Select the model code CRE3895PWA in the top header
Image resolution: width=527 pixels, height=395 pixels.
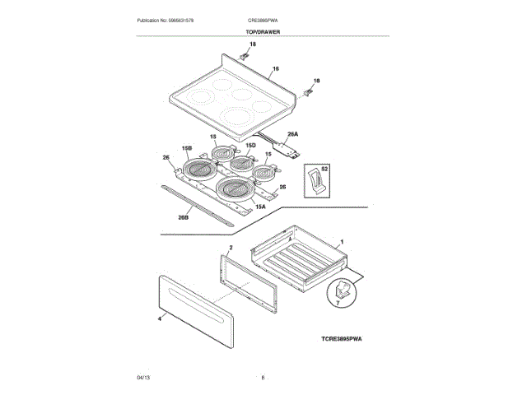pos(264,19)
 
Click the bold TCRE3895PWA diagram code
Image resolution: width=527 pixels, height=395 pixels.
pos(342,338)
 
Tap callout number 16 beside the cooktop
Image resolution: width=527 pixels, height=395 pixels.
pos(276,69)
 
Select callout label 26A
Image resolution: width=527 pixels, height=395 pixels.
pos(291,133)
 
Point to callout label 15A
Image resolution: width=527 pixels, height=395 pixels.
pos(259,207)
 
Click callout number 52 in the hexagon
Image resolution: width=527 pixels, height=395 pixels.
pos(324,169)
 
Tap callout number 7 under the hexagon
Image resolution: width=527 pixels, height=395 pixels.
pos(336,304)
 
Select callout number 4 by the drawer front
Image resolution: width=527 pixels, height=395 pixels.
pos(159,315)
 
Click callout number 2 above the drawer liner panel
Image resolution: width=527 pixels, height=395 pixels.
pos(231,247)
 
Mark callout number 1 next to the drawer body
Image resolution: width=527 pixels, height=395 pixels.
pos(342,245)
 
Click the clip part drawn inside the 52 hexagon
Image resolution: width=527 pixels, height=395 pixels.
pos(313,179)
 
